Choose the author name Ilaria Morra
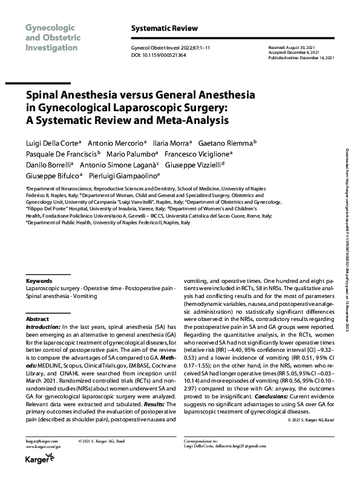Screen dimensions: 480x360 tap(174, 143)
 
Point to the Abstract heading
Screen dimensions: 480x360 tap(37, 318)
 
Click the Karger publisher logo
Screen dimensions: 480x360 tap(38, 461)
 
